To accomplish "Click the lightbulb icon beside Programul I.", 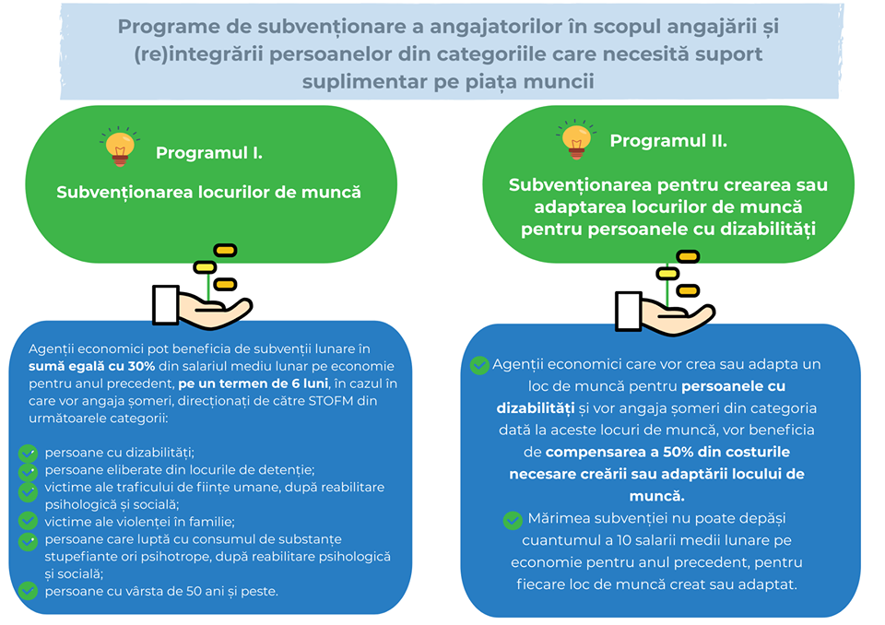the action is click(x=120, y=147).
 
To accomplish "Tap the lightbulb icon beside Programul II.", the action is click(x=576, y=139).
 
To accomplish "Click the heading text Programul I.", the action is click(x=209, y=153).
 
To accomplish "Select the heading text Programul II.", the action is click(x=668, y=141).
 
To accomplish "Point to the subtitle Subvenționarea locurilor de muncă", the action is click(x=209, y=193).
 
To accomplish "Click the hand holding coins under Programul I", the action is click(x=202, y=287).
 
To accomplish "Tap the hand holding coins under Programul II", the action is click(x=666, y=292).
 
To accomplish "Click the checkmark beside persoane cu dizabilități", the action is click(x=28, y=453).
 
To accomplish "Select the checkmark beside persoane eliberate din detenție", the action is click(x=28, y=471).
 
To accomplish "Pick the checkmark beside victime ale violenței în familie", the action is click(x=28, y=521).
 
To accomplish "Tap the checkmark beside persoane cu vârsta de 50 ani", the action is click(x=28, y=591).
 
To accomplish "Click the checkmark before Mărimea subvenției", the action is click(x=513, y=520).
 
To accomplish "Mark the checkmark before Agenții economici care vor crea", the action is click(x=479, y=365).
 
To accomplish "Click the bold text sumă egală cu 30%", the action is click(x=92, y=366).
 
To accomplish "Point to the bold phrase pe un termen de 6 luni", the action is click(x=253, y=383).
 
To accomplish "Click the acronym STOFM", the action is click(x=331, y=401).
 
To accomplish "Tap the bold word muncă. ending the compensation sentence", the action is click(x=657, y=496).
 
